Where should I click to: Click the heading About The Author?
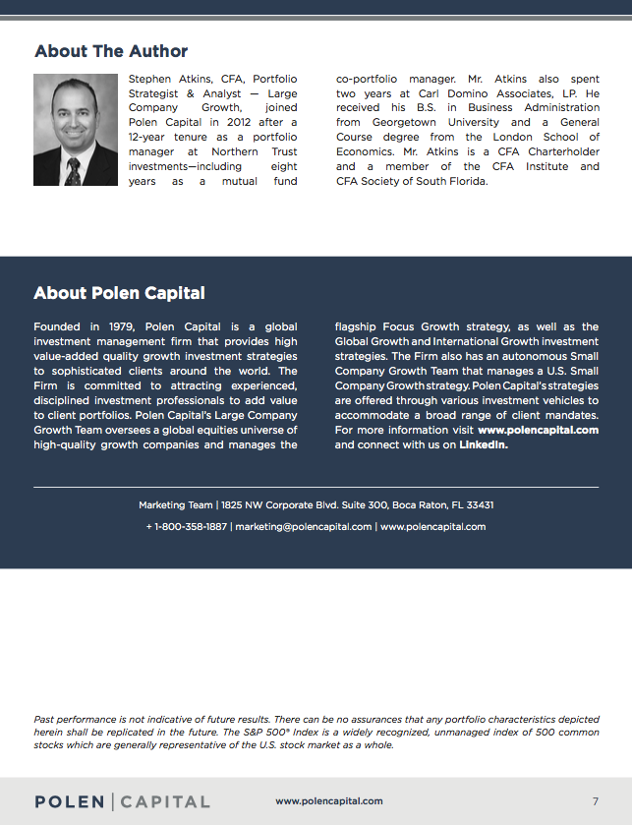[x=110, y=51]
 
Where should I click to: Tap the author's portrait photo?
[x=76, y=130]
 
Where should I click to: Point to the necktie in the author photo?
[x=73, y=169]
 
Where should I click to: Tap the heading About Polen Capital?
[x=119, y=293]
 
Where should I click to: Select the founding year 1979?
[x=122, y=327]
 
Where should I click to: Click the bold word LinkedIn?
[x=483, y=445]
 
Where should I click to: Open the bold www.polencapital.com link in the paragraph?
[x=538, y=431]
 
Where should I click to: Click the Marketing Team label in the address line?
[x=176, y=505]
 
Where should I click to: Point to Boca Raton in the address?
[x=422, y=505]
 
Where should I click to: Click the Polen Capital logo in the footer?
[x=122, y=801]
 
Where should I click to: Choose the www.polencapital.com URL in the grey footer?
[x=329, y=801]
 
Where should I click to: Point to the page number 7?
[x=596, y=801]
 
